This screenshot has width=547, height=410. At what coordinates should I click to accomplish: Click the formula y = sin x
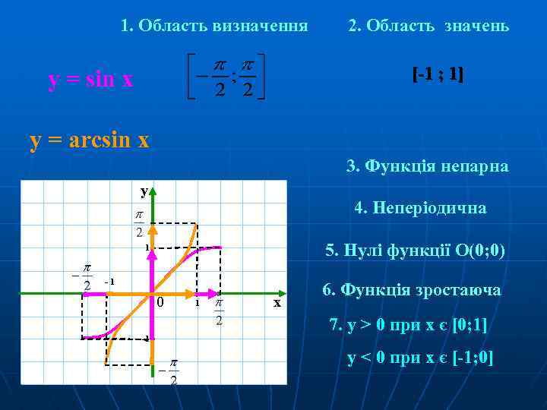90,80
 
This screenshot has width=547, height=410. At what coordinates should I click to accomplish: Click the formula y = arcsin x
89,140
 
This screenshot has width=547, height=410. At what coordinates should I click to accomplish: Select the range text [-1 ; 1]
438,74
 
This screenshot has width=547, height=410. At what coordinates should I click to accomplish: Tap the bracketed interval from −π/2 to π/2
226,77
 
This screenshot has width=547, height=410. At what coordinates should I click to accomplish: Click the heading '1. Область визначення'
214,26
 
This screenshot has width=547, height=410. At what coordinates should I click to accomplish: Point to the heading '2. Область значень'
428,26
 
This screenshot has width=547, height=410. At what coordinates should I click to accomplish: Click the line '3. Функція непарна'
428,166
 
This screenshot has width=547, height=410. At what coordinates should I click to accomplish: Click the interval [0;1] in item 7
470,324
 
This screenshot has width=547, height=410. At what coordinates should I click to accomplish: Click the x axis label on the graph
277,303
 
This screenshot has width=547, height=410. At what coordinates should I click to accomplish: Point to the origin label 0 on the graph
160,303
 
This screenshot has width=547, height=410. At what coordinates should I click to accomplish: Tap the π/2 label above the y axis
141,222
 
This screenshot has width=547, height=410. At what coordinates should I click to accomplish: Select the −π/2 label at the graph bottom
170,372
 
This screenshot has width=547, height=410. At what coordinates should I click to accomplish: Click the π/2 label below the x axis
219,311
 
